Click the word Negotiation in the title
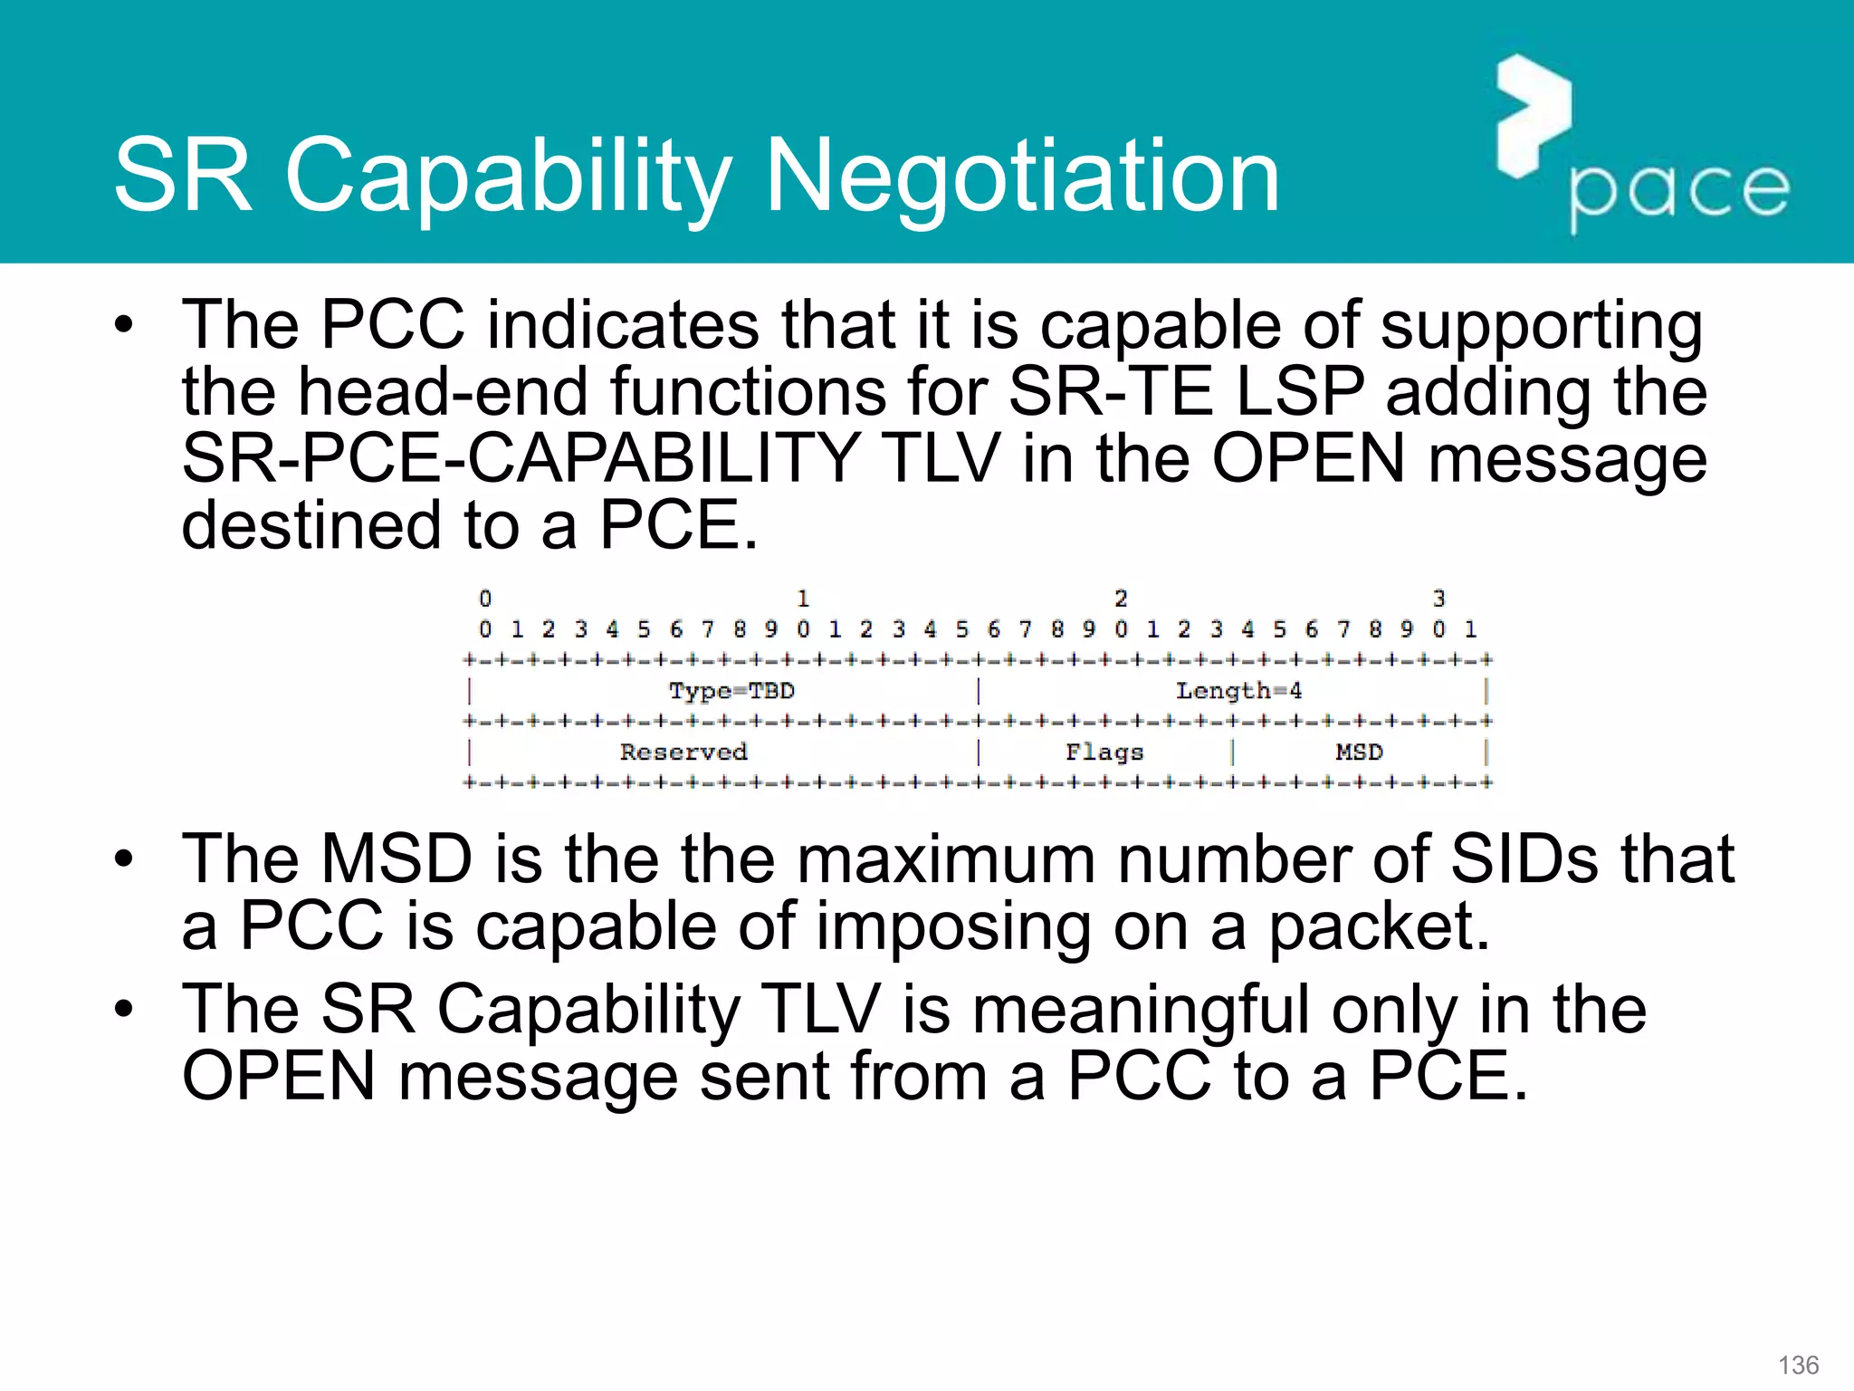coord(1022,176)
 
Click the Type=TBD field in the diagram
coord(731,691)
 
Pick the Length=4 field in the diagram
coord(1238,691)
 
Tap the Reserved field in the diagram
coord(683,753)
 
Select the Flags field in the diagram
coord(1104,753)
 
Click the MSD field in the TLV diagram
coord(1359,753)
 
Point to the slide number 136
coord(1798,1365)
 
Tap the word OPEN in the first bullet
coord(1308,458)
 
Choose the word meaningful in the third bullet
coord(1140,1009)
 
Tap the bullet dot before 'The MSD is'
coord(124,859)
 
